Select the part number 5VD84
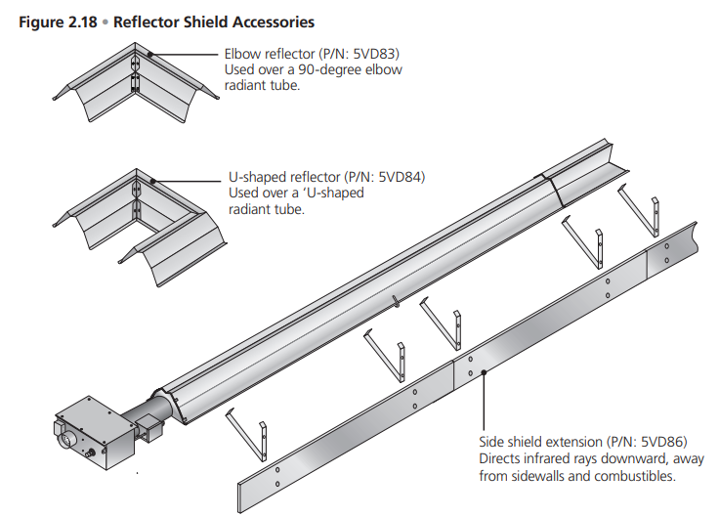pos(400,178)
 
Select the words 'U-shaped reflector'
pos(284,178)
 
